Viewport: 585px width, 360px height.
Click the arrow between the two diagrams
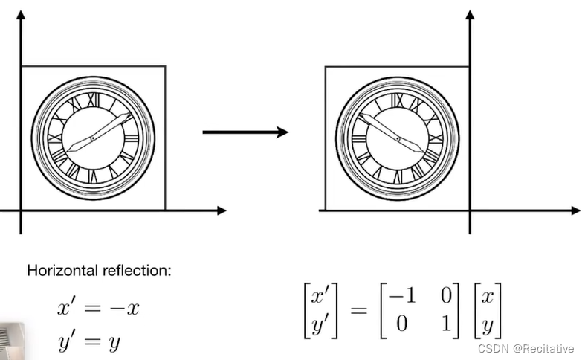tap(245, 132)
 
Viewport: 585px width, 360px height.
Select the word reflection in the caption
tap(137, 270)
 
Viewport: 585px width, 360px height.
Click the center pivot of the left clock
tap(93, 139)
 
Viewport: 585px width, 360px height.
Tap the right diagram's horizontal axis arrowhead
tap(575, 211)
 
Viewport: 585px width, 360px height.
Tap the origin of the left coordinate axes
tap(21, 211)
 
